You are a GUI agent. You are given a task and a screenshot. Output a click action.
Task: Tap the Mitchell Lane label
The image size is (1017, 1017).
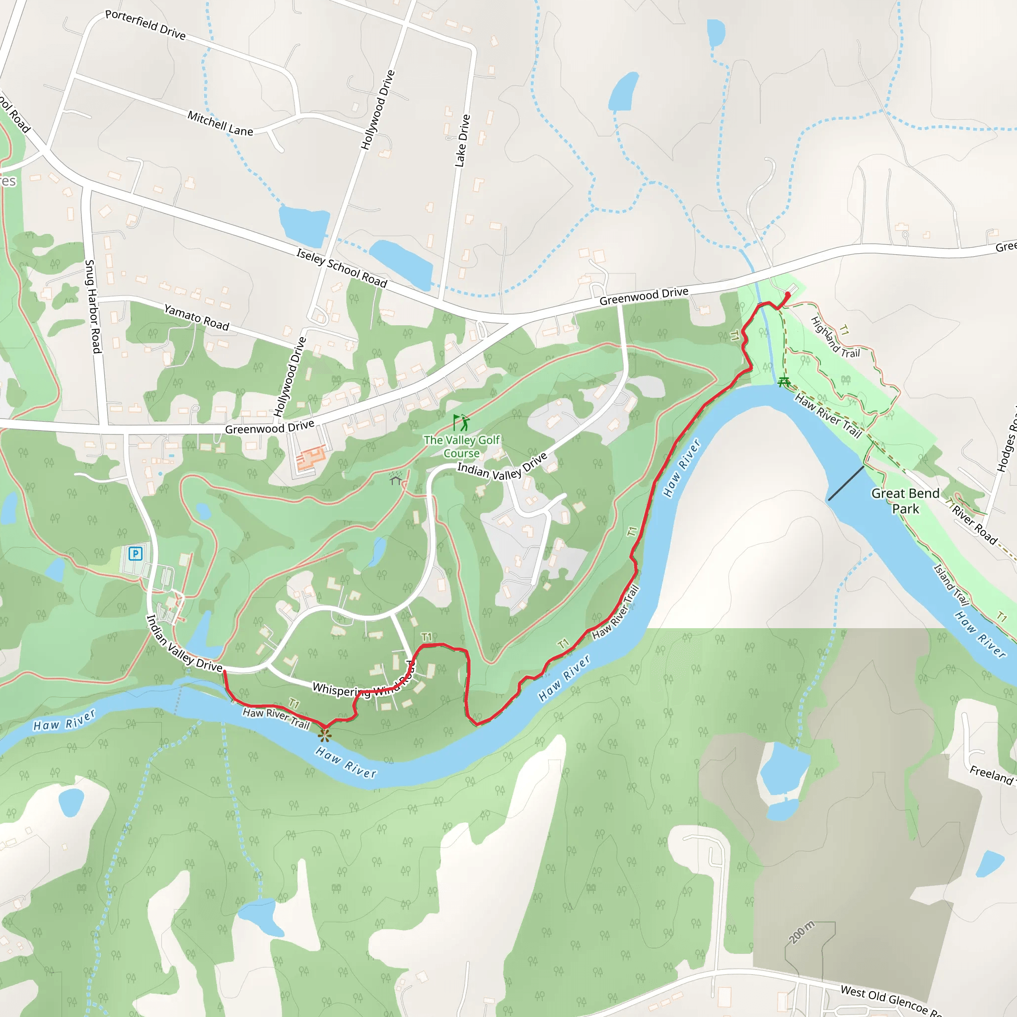220,123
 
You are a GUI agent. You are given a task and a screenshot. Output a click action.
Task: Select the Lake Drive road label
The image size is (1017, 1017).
462,141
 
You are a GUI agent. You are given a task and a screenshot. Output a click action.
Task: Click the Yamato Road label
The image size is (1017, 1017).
196,317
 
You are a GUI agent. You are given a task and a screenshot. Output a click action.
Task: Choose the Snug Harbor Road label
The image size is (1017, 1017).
93,306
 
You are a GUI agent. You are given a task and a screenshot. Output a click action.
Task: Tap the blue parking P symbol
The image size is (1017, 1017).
136,554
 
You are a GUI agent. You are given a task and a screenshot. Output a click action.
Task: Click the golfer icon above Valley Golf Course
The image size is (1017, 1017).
461,423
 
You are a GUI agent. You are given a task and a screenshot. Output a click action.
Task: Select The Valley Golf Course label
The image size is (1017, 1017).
461,446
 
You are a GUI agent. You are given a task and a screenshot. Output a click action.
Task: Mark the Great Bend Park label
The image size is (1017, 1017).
905,501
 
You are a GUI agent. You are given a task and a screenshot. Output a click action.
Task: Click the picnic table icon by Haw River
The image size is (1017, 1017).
784,382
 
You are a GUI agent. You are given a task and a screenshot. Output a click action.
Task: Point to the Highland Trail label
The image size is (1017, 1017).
835,337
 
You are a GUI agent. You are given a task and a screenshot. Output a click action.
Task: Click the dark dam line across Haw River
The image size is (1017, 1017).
846,483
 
